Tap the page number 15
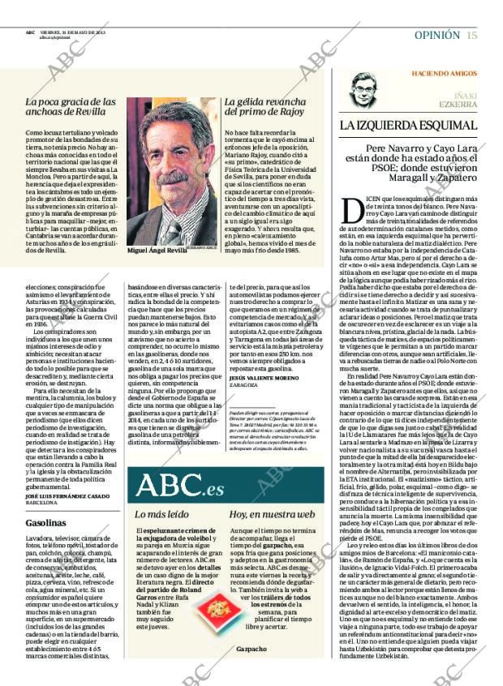[x=471, y=35]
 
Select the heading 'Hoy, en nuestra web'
[x=272, y=514]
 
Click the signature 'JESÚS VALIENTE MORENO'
[x=265, y=378]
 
